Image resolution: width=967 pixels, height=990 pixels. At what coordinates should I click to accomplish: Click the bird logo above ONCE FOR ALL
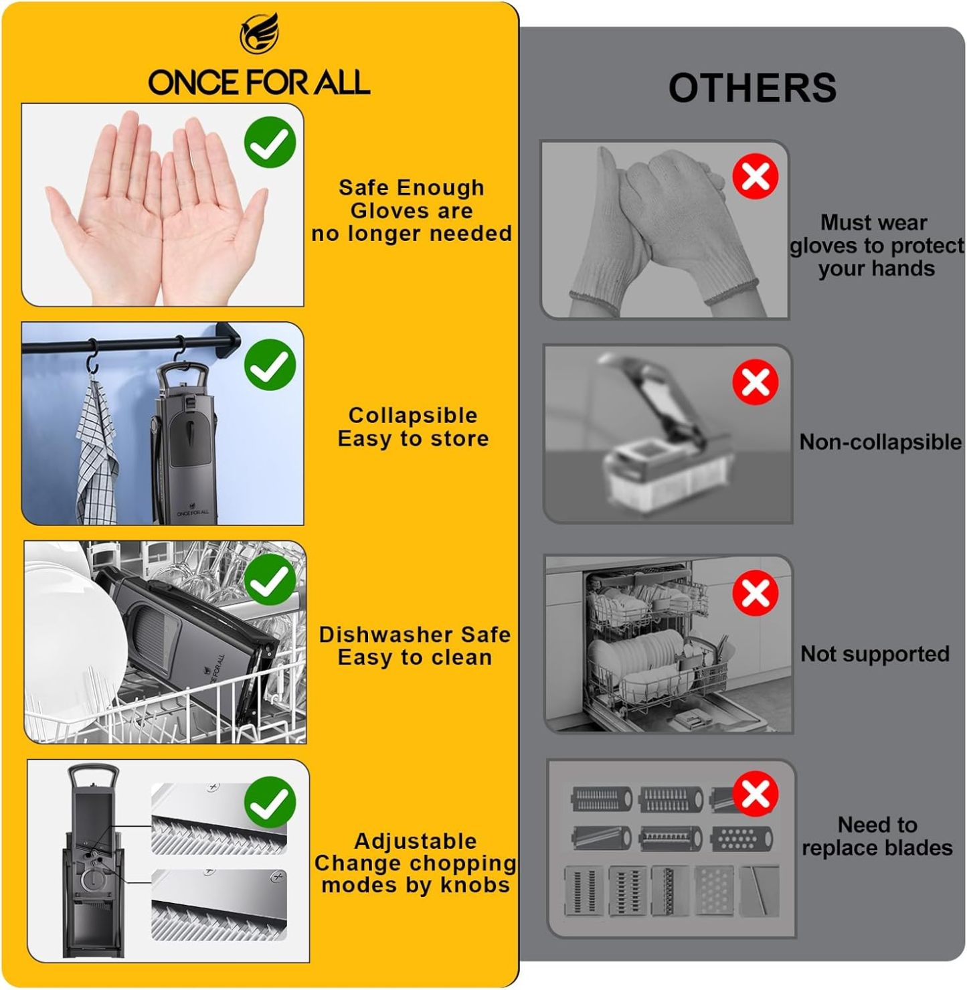260,33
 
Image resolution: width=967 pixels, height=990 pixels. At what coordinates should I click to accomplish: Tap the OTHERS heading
752,88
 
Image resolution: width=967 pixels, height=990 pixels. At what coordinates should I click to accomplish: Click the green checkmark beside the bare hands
270,142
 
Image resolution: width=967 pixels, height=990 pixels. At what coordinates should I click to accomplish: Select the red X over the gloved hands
756,176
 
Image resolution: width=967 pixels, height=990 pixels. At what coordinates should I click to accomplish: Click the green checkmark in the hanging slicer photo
270,365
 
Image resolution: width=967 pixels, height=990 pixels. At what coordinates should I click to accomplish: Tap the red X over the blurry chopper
756,382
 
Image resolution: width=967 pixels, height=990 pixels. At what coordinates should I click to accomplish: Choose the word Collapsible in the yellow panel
413,416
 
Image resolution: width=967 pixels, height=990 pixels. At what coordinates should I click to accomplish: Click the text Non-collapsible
881,442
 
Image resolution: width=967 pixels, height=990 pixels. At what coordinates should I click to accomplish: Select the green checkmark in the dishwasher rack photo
270,580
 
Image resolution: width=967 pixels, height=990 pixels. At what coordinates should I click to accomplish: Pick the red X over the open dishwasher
756,592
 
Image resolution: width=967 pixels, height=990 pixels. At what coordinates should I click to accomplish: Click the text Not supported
875,654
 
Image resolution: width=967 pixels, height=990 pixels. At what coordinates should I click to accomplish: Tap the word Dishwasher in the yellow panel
385,635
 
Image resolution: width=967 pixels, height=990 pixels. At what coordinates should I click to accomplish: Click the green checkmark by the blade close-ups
270,803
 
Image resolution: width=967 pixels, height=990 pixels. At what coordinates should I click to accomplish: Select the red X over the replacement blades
756,793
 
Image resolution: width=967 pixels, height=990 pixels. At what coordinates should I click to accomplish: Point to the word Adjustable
416,841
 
